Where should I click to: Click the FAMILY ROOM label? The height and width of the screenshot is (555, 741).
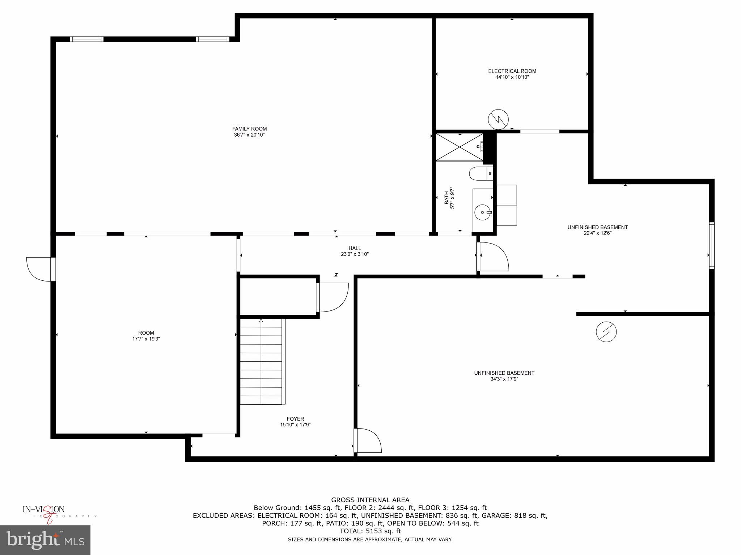[249, 129]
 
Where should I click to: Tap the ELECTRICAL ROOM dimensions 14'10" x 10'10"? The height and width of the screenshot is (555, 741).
[512, 77]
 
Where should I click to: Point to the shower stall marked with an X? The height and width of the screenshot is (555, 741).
[459, 147]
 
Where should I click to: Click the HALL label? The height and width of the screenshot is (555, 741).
[355, 248]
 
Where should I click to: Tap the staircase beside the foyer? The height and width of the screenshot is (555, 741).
[261, 361]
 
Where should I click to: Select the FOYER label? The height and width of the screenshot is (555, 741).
[295, 419]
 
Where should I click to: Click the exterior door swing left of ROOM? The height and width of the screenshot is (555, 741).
[39, 269]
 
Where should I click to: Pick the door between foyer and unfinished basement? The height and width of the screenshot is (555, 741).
[368, 440]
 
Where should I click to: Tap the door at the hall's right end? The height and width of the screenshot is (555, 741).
[494, 257]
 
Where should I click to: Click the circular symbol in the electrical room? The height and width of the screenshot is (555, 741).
[498, 119]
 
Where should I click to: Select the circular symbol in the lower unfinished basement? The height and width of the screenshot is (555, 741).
[606, 332]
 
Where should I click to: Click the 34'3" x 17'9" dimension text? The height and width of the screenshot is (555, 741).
[504, 379]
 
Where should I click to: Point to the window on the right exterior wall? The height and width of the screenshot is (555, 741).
[711, 246]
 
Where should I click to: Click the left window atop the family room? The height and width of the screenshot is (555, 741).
[87, 39]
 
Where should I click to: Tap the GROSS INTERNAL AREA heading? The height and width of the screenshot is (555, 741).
[370, 500]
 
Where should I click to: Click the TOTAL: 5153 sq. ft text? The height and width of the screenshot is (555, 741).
[370, 531]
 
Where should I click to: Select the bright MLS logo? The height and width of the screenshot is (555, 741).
[45, 540]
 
